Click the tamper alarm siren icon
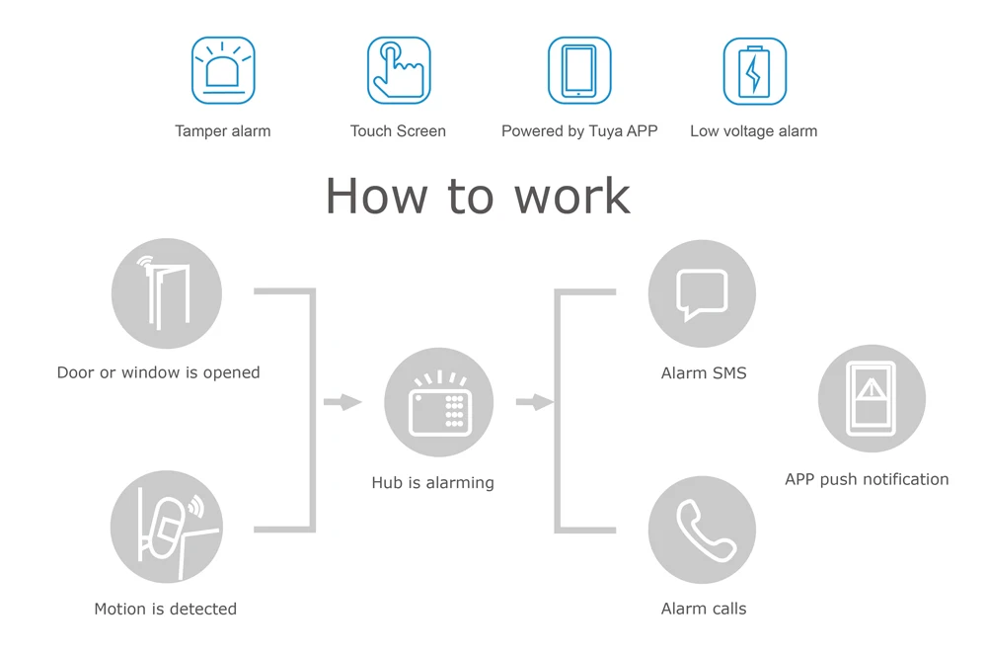[223, 70]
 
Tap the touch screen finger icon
[399, 70]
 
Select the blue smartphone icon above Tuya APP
[579, 70]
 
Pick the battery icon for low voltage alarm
[754, 71]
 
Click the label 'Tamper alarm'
[223, 131]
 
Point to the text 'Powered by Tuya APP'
[579, 131]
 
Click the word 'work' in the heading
[572, 196]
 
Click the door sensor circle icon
[166, 294]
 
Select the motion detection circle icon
[166, 527]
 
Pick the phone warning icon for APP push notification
[872, 399]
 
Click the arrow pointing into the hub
[342, 402]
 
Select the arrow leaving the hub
[534, 402]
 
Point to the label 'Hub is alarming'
[432, 483]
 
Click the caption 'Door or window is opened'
[159, 373]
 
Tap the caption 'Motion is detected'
[166, 610]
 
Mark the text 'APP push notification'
[867, 479]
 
